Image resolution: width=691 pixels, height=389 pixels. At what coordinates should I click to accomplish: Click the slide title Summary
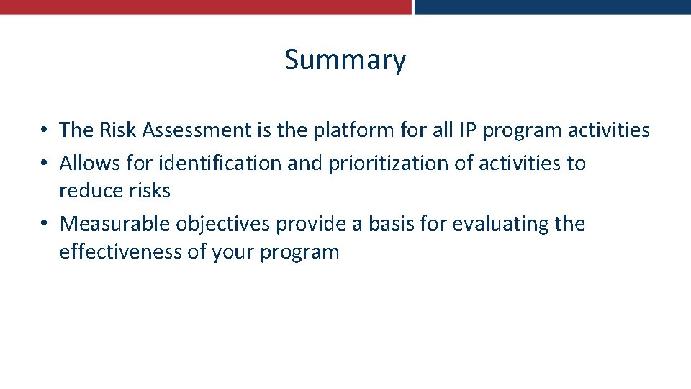pos(345,60)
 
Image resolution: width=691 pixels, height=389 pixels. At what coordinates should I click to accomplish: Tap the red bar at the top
pos(205,6)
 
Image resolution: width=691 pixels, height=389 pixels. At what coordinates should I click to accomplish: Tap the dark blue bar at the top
pos(553,6)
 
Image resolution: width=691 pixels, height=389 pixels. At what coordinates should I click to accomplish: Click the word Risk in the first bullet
pos(118,130)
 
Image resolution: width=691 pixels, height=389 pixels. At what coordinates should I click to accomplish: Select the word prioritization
pos(389,164)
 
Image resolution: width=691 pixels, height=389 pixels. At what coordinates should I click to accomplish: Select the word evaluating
pos(500,224)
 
